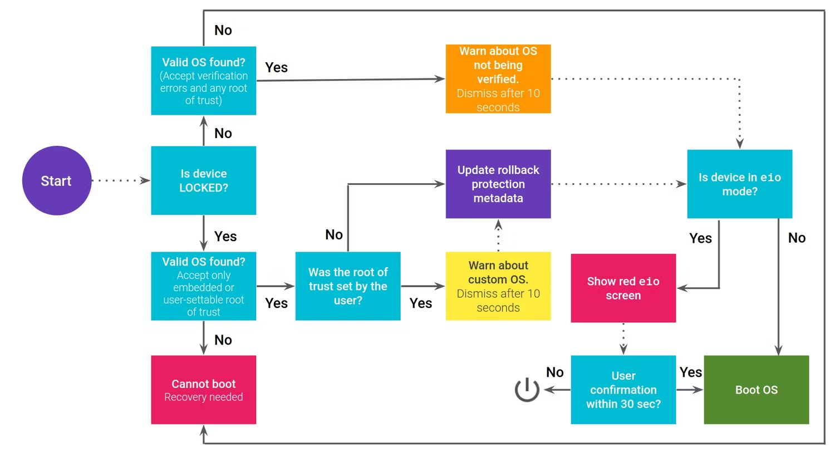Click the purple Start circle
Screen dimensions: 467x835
click(56, 180)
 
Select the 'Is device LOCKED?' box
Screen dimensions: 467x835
click(203, 180)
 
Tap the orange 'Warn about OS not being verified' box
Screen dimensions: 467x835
click(498, 79)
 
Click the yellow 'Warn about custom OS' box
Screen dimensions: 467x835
click(498, 286)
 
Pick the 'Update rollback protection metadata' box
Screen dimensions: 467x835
click(498, 184)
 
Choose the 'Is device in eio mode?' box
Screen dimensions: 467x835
click(739, 184)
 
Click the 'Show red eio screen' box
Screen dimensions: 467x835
click(623, 288)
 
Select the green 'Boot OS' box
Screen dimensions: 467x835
click(756, 390)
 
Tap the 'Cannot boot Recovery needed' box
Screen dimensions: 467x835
click(203, 390)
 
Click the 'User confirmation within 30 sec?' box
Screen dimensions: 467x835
click(623, 390)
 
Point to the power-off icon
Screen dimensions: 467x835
click(527, 390)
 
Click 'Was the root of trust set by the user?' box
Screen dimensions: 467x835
click(347, 286)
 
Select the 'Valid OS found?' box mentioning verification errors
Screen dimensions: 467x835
click(203, 81)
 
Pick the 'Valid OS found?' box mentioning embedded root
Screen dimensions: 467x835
click(203, 286)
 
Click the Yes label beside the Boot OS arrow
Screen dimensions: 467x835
click(690, 372)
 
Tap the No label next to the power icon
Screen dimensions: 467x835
click(554, 372)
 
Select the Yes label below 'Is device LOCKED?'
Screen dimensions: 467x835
click(225, 237)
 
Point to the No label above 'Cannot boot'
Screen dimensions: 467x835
click(223, 340)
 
